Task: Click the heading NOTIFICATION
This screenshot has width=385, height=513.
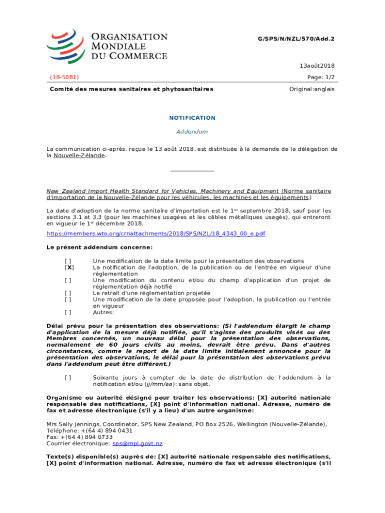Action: (192, 118)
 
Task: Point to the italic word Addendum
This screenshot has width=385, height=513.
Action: (192, 132)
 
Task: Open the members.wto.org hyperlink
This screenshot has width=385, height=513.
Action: (155, 234)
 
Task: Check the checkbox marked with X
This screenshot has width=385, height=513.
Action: (67, 268)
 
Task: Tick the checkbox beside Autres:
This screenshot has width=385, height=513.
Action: (67, 312)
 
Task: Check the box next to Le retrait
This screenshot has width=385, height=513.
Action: (67, 293)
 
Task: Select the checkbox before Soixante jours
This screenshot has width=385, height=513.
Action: (67, 378)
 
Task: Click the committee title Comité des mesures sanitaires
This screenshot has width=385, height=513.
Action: (131, 89)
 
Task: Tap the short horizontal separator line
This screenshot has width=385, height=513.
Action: (192, 172)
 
